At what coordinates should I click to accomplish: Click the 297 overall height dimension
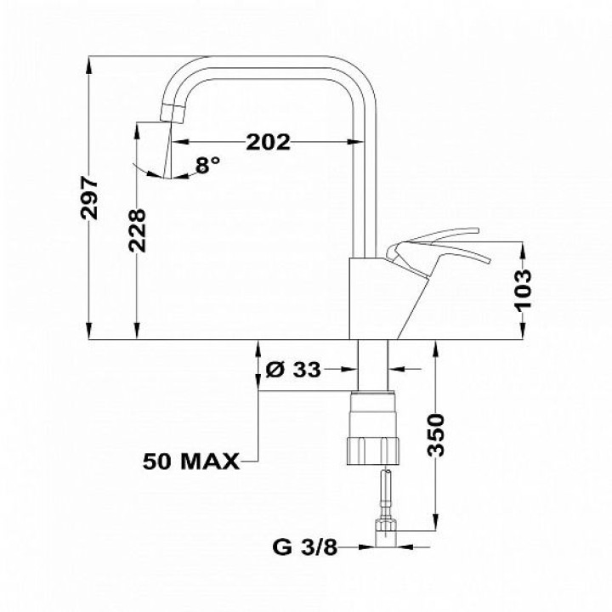89,198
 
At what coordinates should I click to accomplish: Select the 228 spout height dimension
137,230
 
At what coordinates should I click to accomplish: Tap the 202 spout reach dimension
268,142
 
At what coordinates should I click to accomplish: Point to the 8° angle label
207,164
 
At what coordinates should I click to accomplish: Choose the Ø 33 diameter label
293,369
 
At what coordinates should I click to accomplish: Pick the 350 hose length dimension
435,435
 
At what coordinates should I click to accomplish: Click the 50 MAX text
191,462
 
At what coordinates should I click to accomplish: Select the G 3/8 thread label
305,547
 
